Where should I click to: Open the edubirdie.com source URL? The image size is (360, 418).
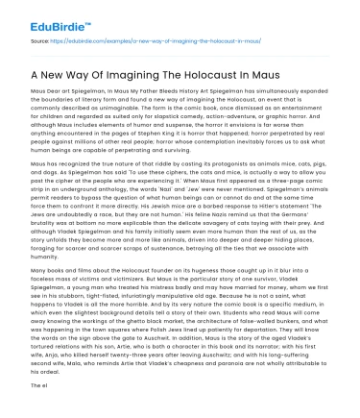[x=114, y=41]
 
